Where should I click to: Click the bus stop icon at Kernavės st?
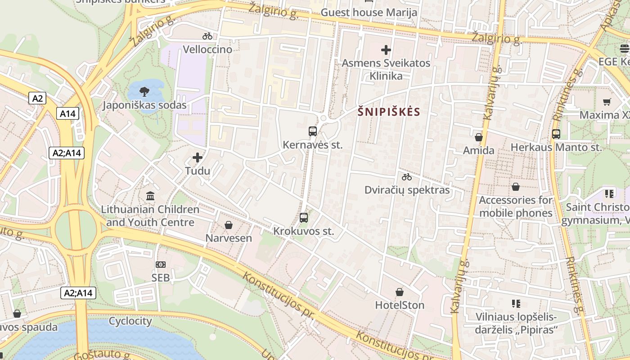313,131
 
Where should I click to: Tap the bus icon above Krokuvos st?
304,218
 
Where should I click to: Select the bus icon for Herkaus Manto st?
556,134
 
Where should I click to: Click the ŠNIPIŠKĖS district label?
389,112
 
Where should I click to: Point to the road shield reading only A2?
37,98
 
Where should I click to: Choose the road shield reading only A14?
68,113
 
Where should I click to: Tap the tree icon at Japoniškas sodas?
144,92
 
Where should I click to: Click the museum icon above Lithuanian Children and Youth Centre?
150,196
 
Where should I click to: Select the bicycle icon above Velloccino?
207,36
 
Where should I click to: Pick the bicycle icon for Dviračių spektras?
407,177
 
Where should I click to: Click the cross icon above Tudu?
198,157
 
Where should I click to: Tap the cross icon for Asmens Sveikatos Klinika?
386,50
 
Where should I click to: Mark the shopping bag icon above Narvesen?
229,225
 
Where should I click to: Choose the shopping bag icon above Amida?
479,137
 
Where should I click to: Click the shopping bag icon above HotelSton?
399,292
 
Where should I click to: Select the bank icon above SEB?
160,265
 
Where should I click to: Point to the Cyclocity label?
130,321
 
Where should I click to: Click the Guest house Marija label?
369,12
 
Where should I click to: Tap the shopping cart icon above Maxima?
607,102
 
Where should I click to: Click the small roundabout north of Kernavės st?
323,118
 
